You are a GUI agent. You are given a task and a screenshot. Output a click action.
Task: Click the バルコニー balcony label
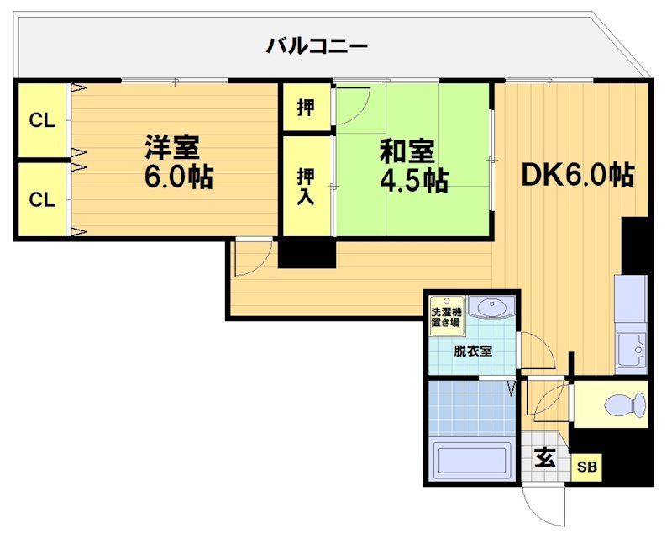click(x=317, y=45)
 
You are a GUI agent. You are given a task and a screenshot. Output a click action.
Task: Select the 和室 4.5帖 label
click(x=412, y=166)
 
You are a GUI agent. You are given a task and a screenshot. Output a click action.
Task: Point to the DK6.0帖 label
click(x=577, y=174)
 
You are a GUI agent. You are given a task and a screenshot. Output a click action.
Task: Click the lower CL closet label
click(x=42, y=199)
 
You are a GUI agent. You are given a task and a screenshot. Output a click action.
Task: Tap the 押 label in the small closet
click(x=307, y=108)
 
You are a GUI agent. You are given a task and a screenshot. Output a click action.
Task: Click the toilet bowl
click(x=625, y=405)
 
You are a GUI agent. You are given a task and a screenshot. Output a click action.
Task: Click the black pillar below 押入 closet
click(x=307, y=253)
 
